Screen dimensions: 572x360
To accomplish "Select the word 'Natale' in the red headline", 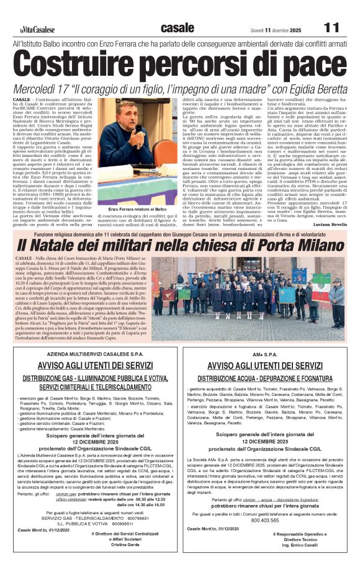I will tap(68, 246).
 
